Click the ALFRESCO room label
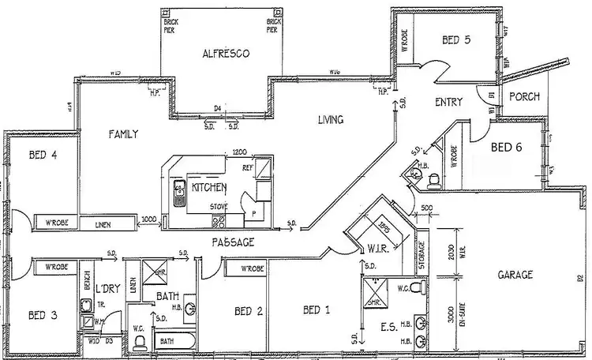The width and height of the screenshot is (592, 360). coord(226,54)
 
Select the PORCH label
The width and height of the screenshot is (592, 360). coord(523,97)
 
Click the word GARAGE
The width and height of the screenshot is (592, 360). coord(515,275)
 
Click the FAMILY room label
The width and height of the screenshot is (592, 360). coord(123,134)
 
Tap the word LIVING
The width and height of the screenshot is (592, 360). coord(331,120)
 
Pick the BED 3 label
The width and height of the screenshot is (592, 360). coord(42,315)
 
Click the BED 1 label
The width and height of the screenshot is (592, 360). coord(316,310)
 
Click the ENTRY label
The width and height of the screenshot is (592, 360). coord(448,103)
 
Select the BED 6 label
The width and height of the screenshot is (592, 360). coord(506,147)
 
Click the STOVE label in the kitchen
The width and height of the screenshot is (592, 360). coord(219,207)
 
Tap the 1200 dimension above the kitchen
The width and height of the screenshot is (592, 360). coord(240,152)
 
